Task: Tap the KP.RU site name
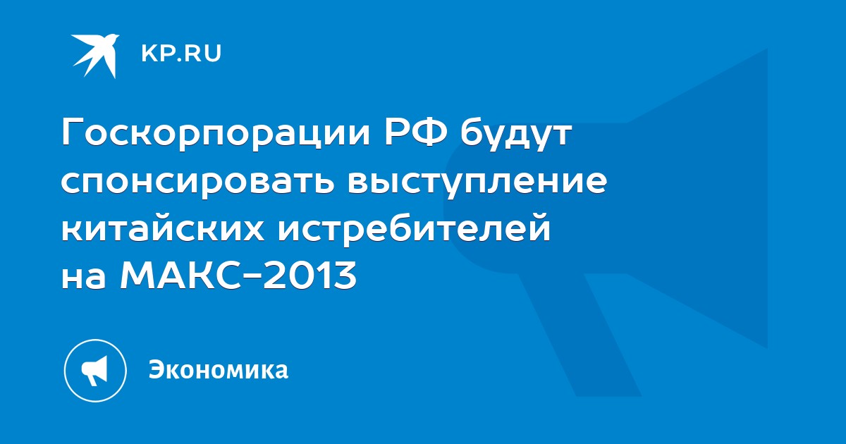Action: point(181,54)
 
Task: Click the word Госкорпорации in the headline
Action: point(216,135)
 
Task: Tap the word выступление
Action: point(478,182)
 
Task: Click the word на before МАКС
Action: point(83,277)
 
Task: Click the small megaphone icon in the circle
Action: point(94,371)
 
